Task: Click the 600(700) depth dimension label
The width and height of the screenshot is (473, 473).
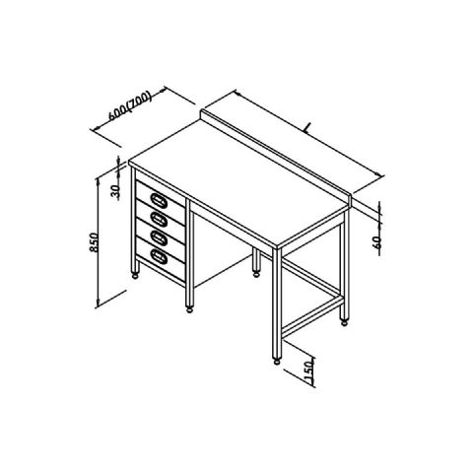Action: (130, 105)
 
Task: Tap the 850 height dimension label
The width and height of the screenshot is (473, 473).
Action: (94, 242)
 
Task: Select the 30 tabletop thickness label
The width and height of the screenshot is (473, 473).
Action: (115, 192)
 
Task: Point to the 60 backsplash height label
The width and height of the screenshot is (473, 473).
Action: (377, 242)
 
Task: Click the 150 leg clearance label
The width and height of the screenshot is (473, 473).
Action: (309, 372)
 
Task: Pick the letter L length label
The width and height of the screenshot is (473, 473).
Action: (307, 128)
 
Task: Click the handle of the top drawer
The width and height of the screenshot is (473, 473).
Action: (159, 200)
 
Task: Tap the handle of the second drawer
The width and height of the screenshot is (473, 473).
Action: (159, 219)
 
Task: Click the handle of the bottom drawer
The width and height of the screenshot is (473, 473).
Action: (159, 256)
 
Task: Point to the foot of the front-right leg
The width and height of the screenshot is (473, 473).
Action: (277, 362)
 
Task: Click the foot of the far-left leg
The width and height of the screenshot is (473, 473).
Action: (135, 276)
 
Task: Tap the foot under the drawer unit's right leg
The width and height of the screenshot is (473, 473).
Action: (189, 309)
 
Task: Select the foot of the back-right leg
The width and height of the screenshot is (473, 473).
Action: (344, 322)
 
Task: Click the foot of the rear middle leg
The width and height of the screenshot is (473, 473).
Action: (256, 273)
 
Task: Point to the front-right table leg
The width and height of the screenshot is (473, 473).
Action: (277, 303)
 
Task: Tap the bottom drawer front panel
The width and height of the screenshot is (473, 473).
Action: (161, 259)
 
